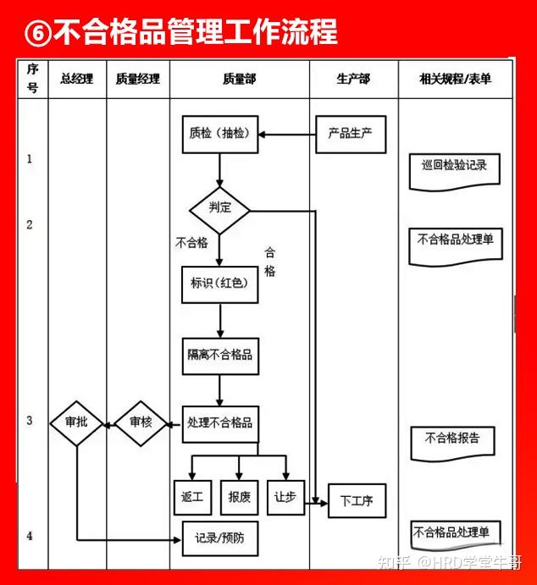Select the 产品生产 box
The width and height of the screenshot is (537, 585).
[350, 134]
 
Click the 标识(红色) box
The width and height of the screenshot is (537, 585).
[219, 284]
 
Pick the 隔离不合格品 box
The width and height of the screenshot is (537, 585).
[220, 356]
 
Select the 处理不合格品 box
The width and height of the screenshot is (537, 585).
[220, 422]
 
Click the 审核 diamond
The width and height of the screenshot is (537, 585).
[141, 422]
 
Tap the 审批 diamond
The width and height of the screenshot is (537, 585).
[76, 422]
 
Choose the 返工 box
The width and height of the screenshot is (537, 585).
[192, 498]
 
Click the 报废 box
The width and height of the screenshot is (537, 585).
[240, 498]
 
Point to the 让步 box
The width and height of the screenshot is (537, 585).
[285, 497]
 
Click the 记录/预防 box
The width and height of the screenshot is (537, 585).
[219, 538]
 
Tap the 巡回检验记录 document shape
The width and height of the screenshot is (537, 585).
[454, 167]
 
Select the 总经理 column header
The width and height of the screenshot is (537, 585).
[76, 80]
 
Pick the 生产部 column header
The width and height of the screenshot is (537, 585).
[353, 80]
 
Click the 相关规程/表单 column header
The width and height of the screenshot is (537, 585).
[455, 80]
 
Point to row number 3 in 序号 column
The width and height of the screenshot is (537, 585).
[30, 421]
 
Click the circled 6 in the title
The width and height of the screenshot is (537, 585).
[40, 32]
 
